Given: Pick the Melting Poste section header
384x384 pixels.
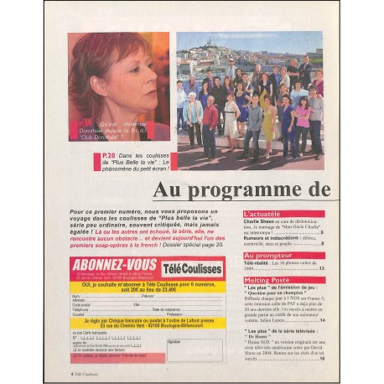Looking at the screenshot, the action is [267, 279].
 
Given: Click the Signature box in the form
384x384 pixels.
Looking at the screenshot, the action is [195, 351].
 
